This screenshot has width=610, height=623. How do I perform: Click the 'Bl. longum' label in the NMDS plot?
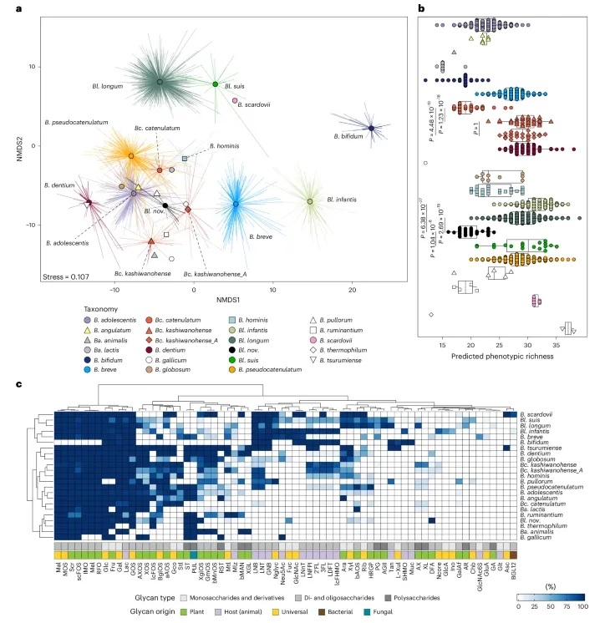pyautogui.click(x=107, y=85)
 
